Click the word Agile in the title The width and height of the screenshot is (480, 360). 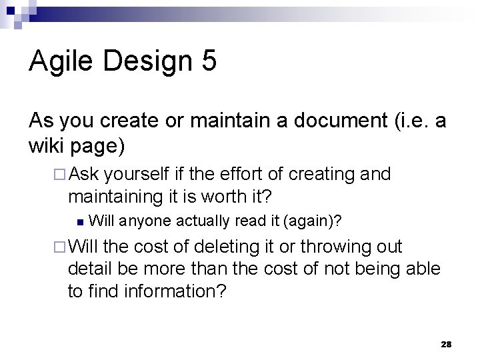coord(59,61)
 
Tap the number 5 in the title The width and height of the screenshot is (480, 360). coord(207,61)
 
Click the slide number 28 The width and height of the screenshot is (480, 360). coord(446,344)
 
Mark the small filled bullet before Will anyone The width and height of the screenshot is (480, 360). coord(79,219)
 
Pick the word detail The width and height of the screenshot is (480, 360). coord(86,269)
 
